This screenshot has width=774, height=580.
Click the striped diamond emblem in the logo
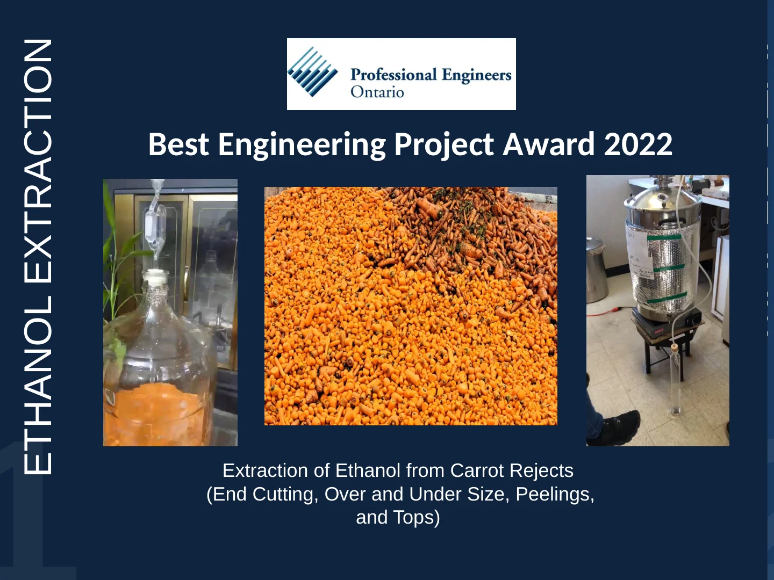pos(312,72)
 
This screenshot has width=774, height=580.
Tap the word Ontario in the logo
pos(377,92)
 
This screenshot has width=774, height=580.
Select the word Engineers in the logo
pos(477,75)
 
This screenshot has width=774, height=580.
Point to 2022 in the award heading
pos(638,144)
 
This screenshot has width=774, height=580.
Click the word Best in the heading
pos(178,144)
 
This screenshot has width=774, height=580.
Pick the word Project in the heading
pos(444,145)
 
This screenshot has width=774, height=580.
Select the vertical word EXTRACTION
pos(38,161)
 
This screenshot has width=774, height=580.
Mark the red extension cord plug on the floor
pos(613,310)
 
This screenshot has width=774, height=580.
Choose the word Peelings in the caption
pos(554,494)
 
